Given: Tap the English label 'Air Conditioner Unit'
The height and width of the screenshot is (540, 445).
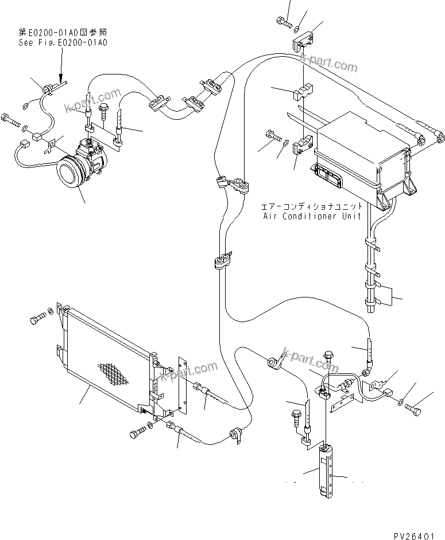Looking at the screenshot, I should [312, 216].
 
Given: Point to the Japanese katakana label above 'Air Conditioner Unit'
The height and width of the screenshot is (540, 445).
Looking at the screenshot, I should [312, 205].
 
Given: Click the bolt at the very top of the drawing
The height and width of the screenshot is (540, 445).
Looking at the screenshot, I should [283, 22].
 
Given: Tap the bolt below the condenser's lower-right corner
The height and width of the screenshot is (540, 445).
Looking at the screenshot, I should [136, 434].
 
